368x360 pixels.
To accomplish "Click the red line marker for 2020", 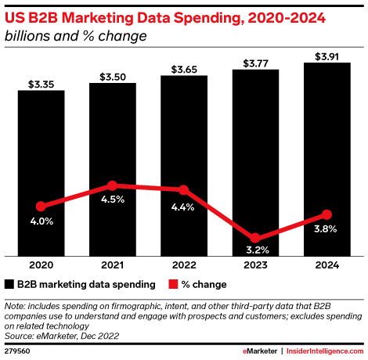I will click(41, 207).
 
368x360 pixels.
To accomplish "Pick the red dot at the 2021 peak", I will click(112, 186).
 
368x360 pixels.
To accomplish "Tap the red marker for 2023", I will click(255, 238).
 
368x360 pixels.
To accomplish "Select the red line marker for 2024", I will click(327, 214).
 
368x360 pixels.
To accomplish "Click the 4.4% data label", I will click(183, 207).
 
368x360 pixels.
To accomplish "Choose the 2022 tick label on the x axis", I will click(183, 265).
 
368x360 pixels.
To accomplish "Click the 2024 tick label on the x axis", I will click(327, 265).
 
